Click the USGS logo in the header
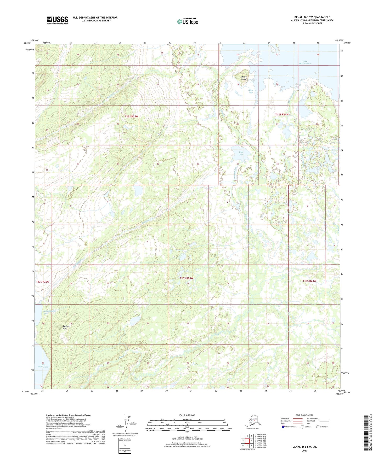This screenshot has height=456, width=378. coord(57,20)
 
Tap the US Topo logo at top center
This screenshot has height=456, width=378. coord(187,21)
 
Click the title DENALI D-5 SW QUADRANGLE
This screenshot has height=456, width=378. coord(312,17)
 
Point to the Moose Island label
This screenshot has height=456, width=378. coord(244,78)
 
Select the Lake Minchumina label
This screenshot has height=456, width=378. coord(305,62)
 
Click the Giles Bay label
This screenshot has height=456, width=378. coord(251,91)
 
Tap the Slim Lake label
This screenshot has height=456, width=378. coord(240,153)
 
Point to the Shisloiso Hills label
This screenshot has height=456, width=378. coord(65,328)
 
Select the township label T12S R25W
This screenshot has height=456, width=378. coord(131,116)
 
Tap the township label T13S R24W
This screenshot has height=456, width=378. coord(309,281)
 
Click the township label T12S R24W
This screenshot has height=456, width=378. coord(282,114)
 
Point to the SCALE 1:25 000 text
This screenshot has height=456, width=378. coord(187,416)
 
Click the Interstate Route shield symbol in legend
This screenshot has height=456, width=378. coord(283,427)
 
